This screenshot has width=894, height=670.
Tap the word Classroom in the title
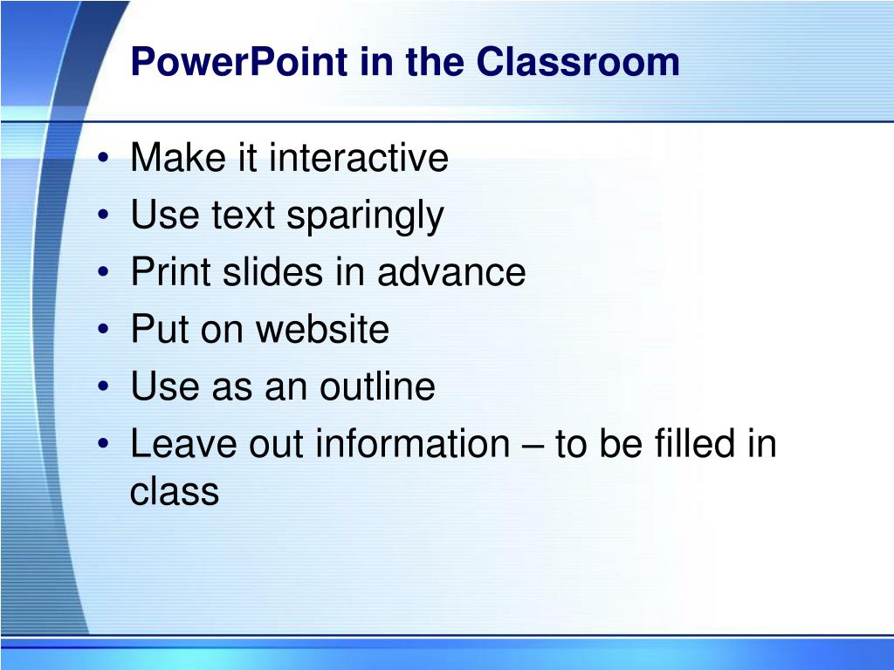[578, 62]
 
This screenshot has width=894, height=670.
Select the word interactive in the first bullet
[359, 157]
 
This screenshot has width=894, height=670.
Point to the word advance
[451, 272]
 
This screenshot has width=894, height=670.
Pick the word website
[323, 329]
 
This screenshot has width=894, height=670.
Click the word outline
[377, 386]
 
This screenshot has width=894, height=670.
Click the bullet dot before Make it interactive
[103, 157]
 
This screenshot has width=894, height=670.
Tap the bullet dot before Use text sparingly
[103, 215]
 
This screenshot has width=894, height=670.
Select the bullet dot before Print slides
[103, 272]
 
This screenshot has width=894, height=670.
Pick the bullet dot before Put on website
[103, 329]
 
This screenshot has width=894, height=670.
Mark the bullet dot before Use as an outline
[103, 386]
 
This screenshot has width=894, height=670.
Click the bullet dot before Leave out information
[103, 443]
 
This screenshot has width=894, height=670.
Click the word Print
[170, 272]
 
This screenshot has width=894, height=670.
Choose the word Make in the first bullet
[178, 157]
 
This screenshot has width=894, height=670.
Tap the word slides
[272, 272]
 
